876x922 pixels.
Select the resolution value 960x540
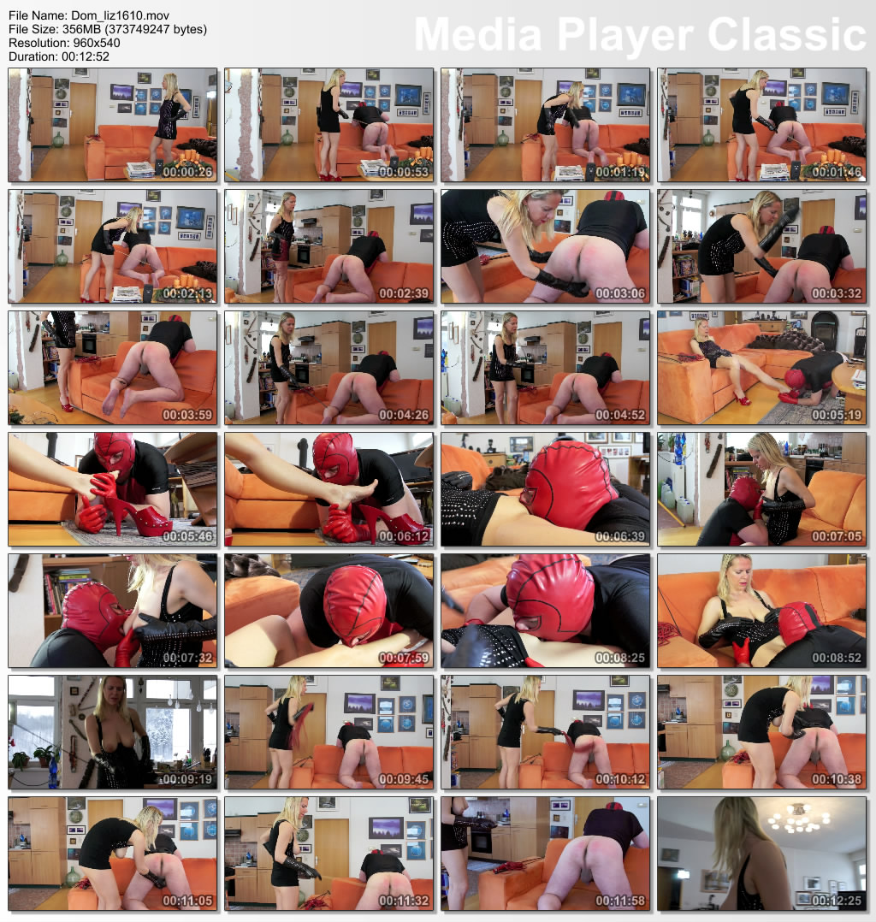pos(97,43)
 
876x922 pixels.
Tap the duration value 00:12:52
pos(86,57)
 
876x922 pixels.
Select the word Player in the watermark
pos(624,37)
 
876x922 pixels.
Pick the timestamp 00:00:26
pos(187,172)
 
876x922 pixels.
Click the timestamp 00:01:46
pos(837,172)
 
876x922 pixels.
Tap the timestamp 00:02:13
pos(187,293)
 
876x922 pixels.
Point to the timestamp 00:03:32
pos(837,293)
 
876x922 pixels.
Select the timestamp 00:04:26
pos(404,415)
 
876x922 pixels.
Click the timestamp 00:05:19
pos(837,415)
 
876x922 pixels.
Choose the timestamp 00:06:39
pos(620,536)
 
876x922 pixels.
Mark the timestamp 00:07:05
pos(837,536)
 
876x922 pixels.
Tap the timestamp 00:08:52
pos(837,658)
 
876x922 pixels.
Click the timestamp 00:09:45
pos(404,780)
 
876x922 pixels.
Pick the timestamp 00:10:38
pos(837,780)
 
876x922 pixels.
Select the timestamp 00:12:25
pos(837,901)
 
